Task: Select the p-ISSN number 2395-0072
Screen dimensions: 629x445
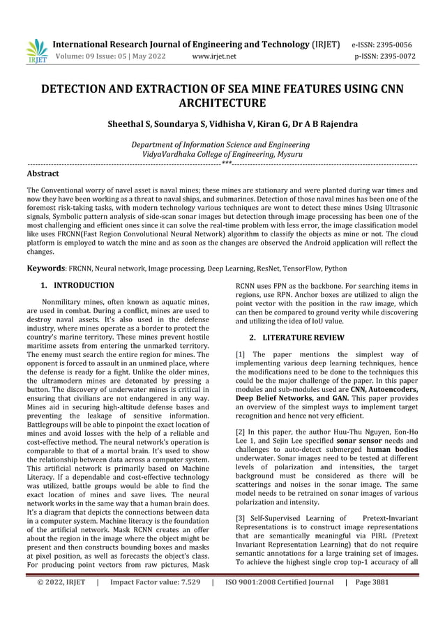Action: coord(400,56)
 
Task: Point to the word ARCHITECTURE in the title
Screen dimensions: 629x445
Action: coord(222,104)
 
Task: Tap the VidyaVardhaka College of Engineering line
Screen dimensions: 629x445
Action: coord(222,154)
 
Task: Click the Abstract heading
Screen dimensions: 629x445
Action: coord(43,173)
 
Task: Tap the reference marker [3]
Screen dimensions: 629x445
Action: coord(241,518)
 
